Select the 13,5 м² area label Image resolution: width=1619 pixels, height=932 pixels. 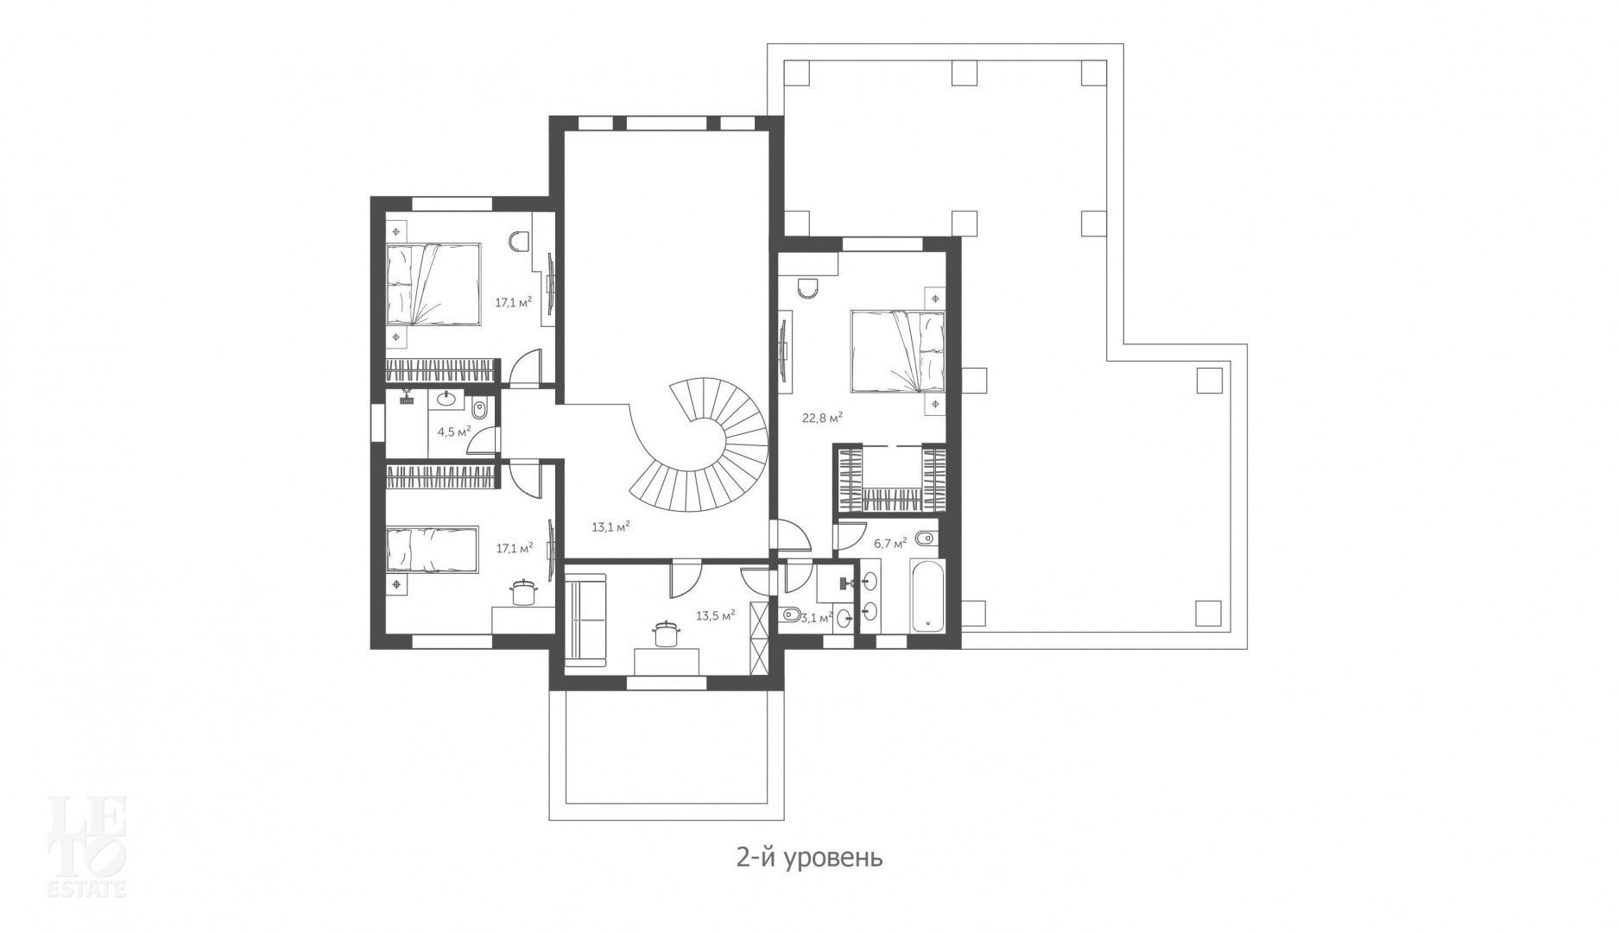click(x=715, y=616)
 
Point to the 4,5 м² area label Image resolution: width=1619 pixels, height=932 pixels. click(x=453, y=432)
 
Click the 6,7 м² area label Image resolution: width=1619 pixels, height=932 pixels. click(x=890, y=544)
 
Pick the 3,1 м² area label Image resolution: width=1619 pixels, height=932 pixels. click(x=816, y=618)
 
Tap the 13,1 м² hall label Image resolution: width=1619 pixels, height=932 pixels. click(x=610, y=526)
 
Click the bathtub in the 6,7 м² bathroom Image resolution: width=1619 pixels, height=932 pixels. click(x=927, y=598)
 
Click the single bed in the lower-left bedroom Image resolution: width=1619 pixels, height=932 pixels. click(x=432, y=549)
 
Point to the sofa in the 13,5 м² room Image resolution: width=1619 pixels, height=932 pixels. click(x=587, y=620)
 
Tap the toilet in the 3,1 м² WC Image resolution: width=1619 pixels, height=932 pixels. click(x=789, y=616)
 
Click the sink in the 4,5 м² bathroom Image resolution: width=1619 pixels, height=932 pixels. click(x=447, y=400)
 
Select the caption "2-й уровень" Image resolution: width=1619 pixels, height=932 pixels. click(x=809, y=859)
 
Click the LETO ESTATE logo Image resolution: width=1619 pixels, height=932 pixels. click(x=86, y=846)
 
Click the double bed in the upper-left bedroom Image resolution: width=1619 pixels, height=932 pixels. click(x=432, y=284)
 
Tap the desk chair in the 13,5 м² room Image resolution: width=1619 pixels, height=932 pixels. click(x=665, y=633)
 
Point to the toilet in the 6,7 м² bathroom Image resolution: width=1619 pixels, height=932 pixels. click(x=924, y=539)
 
